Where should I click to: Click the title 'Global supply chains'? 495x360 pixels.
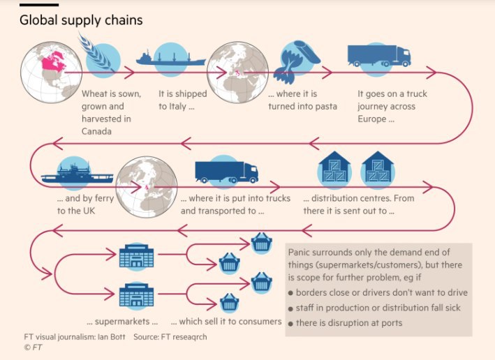[x=81, y=20]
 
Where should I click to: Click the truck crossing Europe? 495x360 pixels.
[x=378, y=55]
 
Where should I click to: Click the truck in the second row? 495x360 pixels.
[x=226, y=172]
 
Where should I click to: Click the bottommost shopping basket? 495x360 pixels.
[x=229, y=303]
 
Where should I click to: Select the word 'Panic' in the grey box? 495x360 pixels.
[x=301, y=250]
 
